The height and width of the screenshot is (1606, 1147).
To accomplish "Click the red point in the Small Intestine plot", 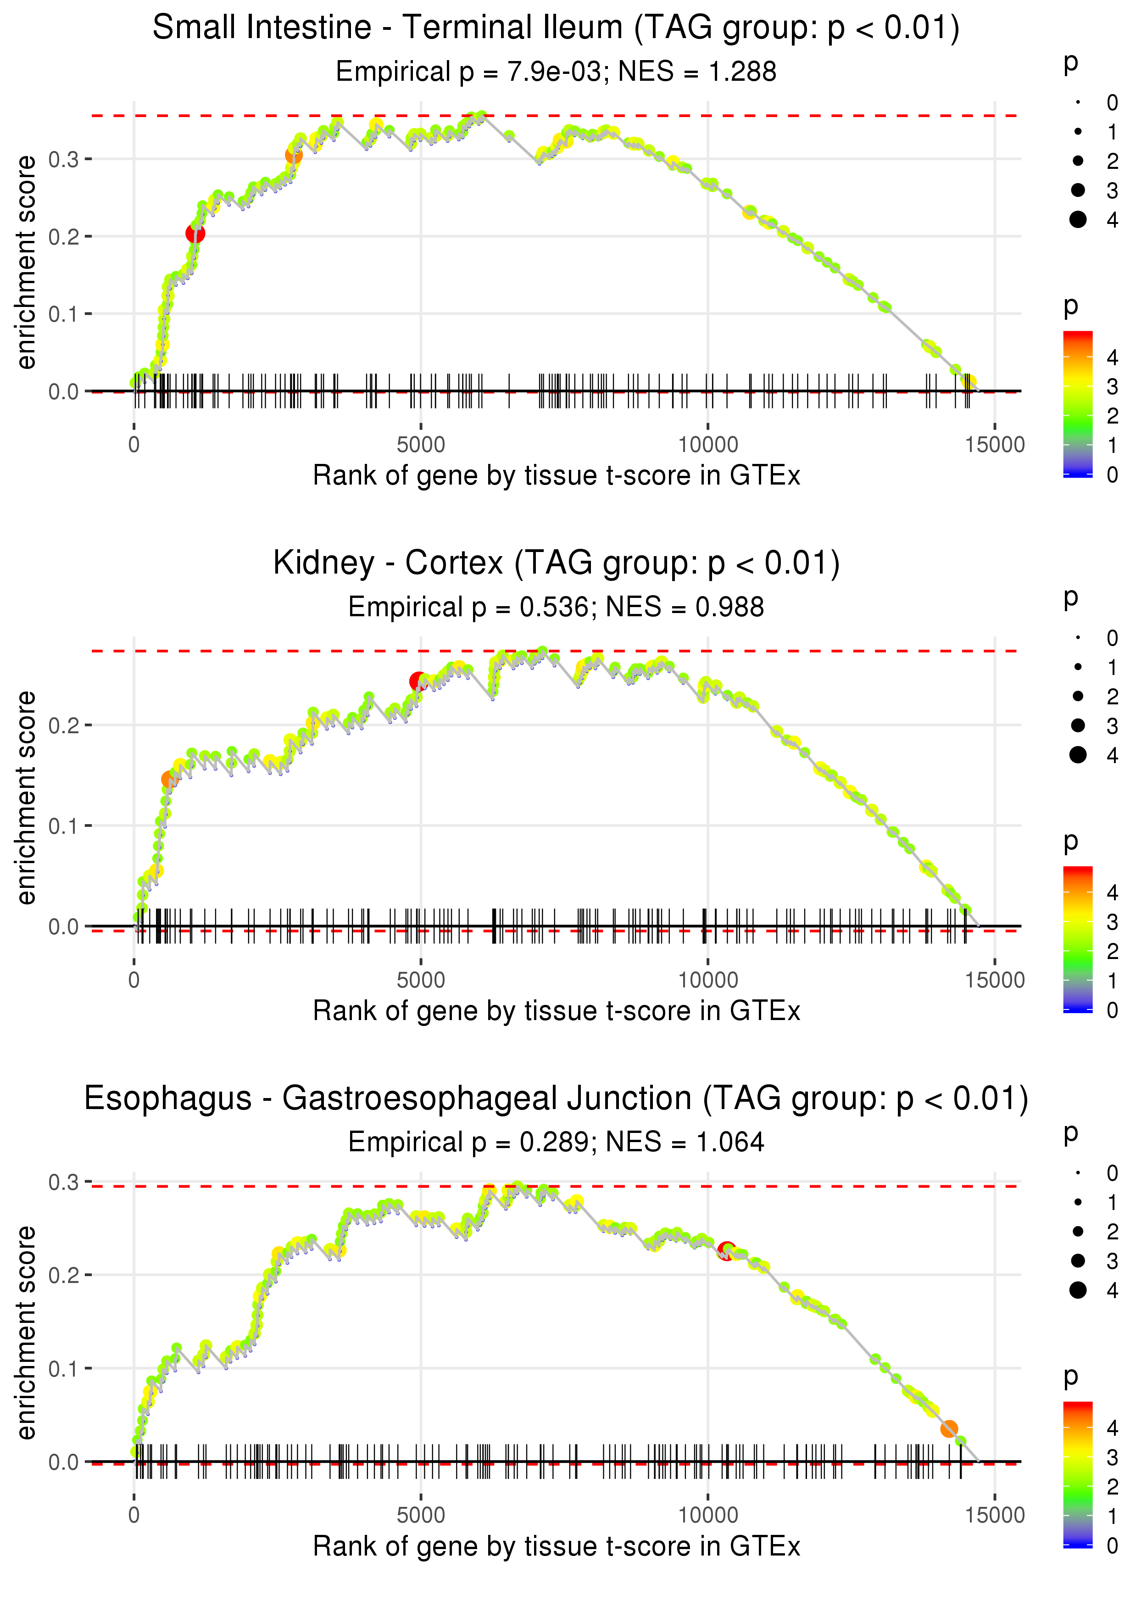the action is pyautogui.click(x=195, y=234).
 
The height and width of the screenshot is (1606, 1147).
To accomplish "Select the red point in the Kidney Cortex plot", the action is pyautogui.click(x=418, y=681).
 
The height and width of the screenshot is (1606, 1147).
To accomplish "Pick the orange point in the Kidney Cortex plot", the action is pyautogui.click(x=169, y=779).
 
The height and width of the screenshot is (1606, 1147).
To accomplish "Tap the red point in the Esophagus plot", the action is pyautogui.click(x=726, y=1251).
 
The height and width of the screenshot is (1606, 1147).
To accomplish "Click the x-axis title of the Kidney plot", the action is pyautogui.click(x=557, y=1011).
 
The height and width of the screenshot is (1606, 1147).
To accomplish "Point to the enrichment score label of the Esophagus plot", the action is pyautogui.click(x=26, y=1333).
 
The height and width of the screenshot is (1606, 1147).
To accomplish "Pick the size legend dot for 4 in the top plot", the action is pyautogui.click(x=1078, y=220).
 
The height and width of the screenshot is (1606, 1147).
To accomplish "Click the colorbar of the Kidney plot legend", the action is pyautogui.click(x=1078, y=939).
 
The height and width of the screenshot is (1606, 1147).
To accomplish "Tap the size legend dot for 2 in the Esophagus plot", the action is pyautogui.click(x=1078, y=1231).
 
